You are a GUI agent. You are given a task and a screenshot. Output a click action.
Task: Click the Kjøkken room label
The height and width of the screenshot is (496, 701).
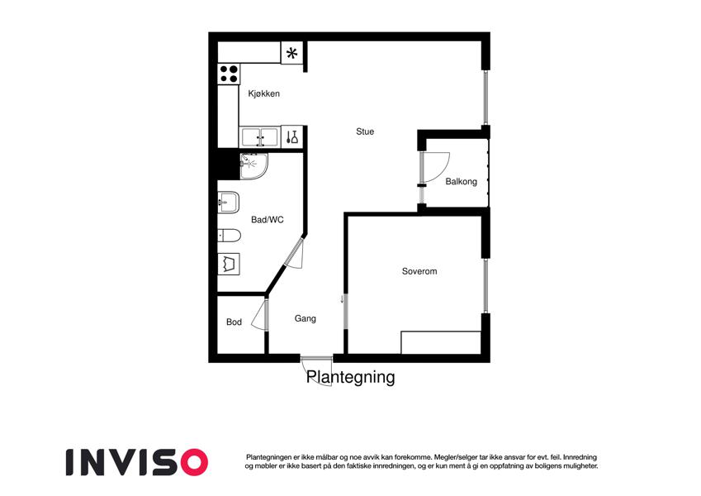[263, 93]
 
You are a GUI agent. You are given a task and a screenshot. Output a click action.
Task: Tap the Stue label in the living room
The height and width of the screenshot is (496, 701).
[365, 131]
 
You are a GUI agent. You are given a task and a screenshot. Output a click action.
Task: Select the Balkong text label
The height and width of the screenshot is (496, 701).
[461, 182]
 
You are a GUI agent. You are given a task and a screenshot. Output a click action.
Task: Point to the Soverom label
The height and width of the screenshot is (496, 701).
[419, 271]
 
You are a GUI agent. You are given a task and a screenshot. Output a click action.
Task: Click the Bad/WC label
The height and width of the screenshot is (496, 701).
[268, 220]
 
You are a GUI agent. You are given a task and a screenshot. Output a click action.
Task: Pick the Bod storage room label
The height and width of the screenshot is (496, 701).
[234, 322]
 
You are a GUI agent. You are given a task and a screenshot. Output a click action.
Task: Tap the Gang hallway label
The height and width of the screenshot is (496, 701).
[306, 319]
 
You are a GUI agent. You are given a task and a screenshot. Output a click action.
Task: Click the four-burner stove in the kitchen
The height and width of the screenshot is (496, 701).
[229, 74]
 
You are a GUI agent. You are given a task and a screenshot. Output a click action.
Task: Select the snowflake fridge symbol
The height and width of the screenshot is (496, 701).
[292, 54]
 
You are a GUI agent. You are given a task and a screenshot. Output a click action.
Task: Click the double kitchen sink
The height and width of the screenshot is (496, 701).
[260, 137]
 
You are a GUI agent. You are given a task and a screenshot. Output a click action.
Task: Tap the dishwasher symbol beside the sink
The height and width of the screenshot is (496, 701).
[292, 137]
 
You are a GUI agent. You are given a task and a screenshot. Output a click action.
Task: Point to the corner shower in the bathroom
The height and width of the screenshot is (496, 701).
[253, 166]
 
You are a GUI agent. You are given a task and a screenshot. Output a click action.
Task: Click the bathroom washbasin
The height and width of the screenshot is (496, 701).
[229, 203]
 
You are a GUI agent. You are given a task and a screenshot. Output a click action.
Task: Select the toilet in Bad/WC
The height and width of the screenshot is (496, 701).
[229, 235]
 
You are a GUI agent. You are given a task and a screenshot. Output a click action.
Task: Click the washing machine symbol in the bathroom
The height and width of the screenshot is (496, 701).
[229, 264]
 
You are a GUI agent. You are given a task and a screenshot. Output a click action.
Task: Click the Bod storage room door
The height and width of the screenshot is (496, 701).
[259, 316]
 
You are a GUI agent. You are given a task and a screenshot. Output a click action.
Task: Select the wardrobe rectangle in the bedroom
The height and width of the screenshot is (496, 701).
[441, 342]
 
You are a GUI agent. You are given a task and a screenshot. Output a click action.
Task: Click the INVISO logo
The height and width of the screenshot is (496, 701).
[137, 462]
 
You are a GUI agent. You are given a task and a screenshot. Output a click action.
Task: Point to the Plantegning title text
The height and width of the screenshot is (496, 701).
[350, 377]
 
